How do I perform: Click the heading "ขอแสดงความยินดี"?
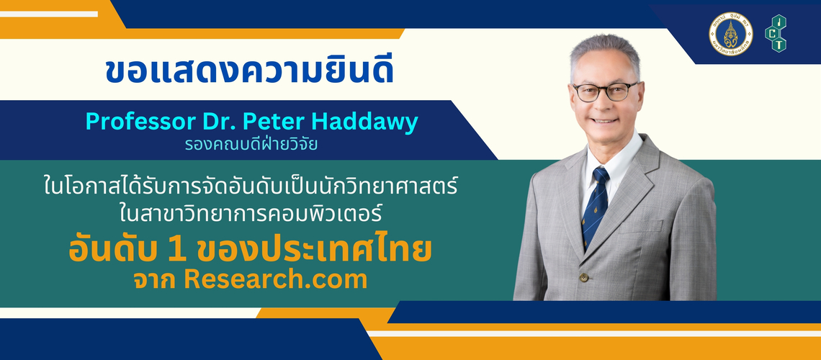click(249, 72)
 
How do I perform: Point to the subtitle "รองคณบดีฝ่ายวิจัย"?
click(251, 143)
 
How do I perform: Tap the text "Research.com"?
click(275, 280)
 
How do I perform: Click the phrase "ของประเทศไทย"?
click(313, 250)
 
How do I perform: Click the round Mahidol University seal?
click(730, 34)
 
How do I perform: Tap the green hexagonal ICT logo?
click(776, 34)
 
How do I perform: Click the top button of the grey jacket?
click(583, 277)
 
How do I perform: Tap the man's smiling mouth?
click(605, 120)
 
